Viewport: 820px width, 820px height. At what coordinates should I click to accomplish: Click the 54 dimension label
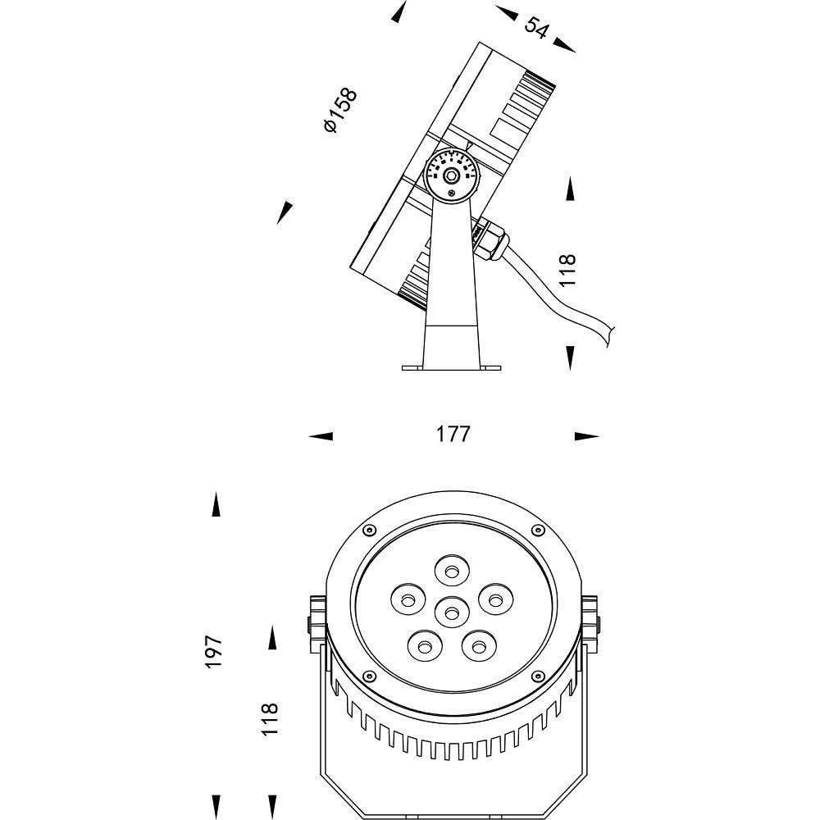coord(536,27)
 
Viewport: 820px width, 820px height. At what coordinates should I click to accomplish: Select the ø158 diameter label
coord(340,111)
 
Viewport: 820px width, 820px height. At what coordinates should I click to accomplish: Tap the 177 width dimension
coord(453,435)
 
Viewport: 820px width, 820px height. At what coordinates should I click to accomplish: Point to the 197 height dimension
coord(214,651)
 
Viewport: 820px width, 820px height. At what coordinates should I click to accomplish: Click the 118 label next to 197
coord(270,719)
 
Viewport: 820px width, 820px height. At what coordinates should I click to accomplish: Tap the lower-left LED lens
coord(423,647)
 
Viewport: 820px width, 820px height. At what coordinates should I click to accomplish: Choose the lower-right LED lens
coord(476,646)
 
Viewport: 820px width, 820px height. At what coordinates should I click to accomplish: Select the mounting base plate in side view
coord(450,366)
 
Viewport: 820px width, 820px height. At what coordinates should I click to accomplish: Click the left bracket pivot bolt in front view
coord(314,623)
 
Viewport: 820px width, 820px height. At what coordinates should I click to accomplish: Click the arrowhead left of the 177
coord(321,436)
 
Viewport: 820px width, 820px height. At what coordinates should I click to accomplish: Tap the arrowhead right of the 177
coord(586,436)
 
